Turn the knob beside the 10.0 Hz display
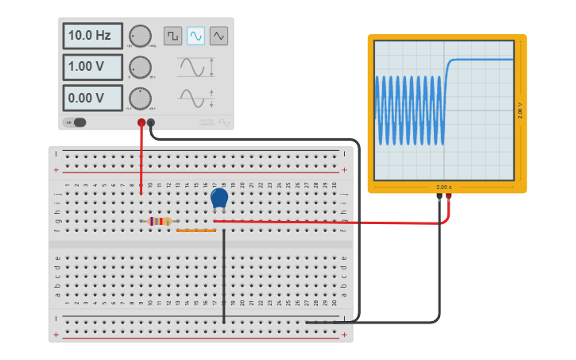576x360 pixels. (140, 36)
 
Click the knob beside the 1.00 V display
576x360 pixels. (140, 67)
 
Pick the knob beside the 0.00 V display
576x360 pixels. (140, 98)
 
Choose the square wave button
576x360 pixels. (172, 36)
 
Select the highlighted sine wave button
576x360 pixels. (195, 36)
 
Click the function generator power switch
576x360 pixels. (76, 122)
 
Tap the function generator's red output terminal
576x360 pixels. (141, 122)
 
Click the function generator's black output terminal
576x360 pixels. (151, 122)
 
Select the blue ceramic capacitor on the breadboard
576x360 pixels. (219, 198)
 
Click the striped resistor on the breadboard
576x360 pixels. (160, 222)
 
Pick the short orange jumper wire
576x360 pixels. (196, 230)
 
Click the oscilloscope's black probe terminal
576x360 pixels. (439, 196)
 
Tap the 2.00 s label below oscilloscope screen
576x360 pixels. (443, 188)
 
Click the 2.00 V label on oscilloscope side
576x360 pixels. (520, 110)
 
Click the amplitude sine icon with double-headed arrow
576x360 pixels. (195, 67)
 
